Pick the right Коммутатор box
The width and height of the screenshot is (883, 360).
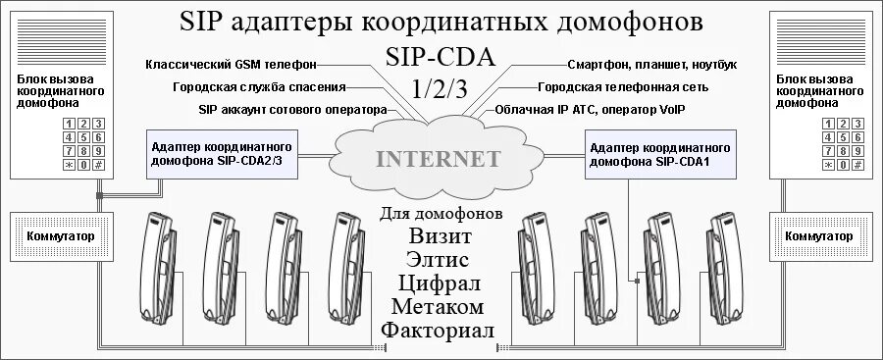(820, 236)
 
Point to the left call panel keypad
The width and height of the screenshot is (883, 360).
(83, 144)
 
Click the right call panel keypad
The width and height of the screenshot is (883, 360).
(844, 144)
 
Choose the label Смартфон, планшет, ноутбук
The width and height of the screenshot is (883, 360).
(651, 65)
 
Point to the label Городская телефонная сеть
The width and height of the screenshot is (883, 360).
(630, 87)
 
